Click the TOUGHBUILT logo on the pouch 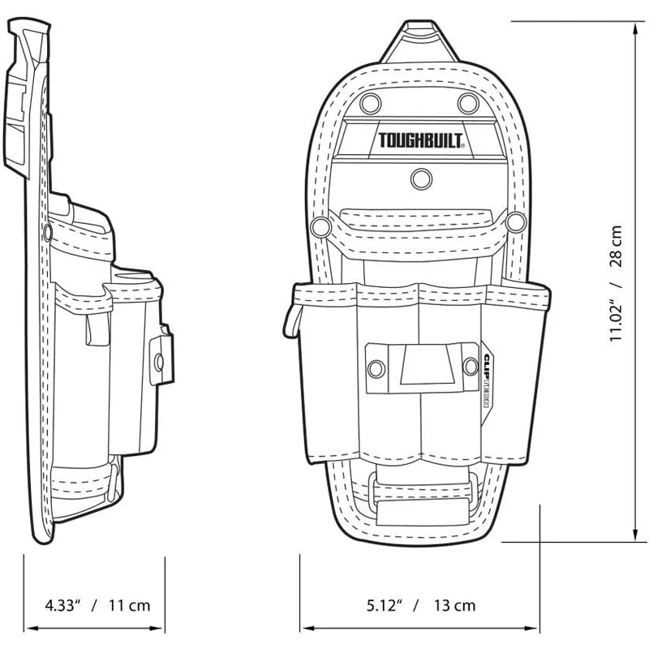coord(421,140)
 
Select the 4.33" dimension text coord(62,604)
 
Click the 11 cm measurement coord(129,604)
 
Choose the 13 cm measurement coord(454,604)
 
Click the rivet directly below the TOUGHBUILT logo coord(420,178)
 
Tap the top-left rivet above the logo coord(371,103)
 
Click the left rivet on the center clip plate coord(376,369)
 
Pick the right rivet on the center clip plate coord(470,367)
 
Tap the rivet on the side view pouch coord(158,358)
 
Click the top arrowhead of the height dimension coord(634,29)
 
